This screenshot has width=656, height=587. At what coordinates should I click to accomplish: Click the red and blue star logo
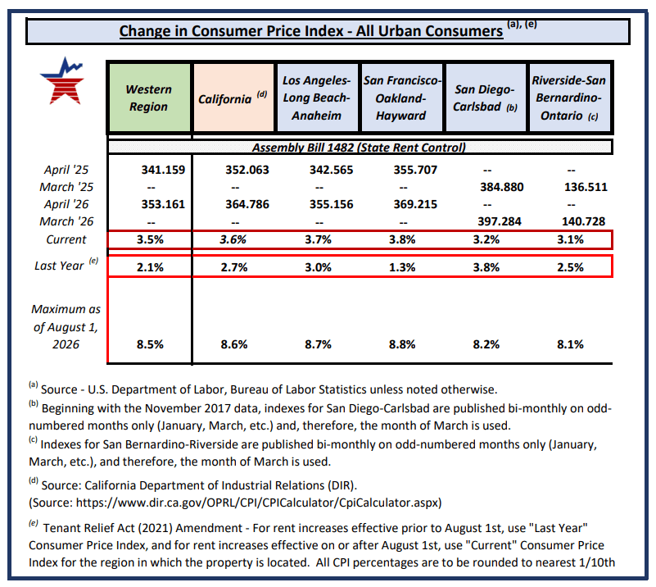[63, 81]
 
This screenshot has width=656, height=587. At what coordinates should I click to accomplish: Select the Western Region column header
[149, 98]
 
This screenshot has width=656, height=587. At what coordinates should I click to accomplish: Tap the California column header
[233, 98]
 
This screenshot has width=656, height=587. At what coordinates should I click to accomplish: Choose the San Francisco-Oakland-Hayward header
[401, 98]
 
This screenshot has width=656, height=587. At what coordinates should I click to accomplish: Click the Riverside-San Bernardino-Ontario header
[569, 98]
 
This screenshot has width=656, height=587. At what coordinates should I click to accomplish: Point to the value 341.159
[163, 170]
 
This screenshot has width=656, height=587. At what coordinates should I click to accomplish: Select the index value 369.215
[415, 204]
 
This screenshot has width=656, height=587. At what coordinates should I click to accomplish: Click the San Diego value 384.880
[501, 187]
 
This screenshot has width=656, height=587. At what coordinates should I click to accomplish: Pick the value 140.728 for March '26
[584, 221]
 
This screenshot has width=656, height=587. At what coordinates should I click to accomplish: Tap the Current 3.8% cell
[402, 239]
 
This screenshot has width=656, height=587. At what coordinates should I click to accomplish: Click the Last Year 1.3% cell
[402, 267]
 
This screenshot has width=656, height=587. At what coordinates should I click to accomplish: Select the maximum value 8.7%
[318, 344]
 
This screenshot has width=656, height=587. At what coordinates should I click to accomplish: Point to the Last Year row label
[66, 265]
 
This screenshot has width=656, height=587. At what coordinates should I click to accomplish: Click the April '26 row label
[66, 204]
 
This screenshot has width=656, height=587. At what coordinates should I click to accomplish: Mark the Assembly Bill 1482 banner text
[359, 148]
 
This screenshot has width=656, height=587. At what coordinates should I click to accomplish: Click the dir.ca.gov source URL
[259, 503]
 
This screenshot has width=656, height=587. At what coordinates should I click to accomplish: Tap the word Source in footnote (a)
[59, 389]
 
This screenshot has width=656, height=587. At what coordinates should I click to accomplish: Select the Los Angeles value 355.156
[332, 204]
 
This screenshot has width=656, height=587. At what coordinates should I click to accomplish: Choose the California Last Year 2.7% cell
[234, 267]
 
